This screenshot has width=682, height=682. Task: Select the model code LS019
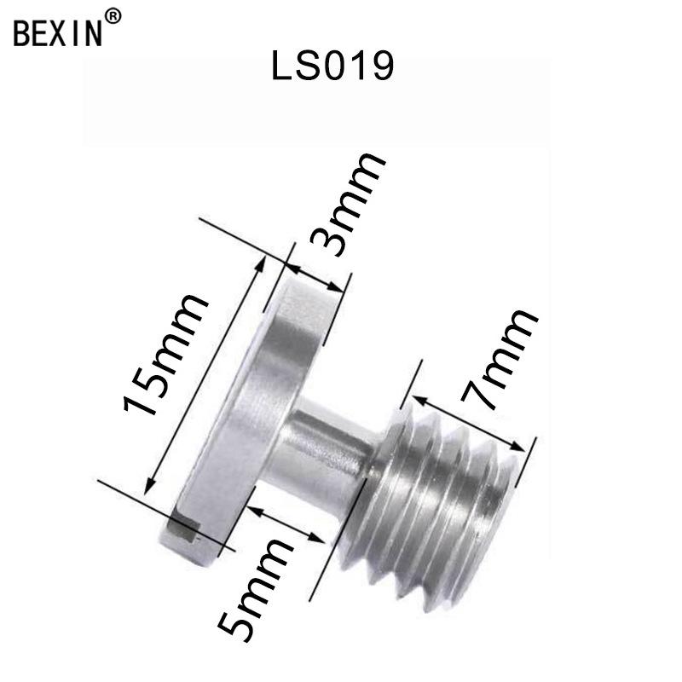[x=332, y=67]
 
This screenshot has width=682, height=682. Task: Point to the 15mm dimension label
[x=166, y=353]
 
